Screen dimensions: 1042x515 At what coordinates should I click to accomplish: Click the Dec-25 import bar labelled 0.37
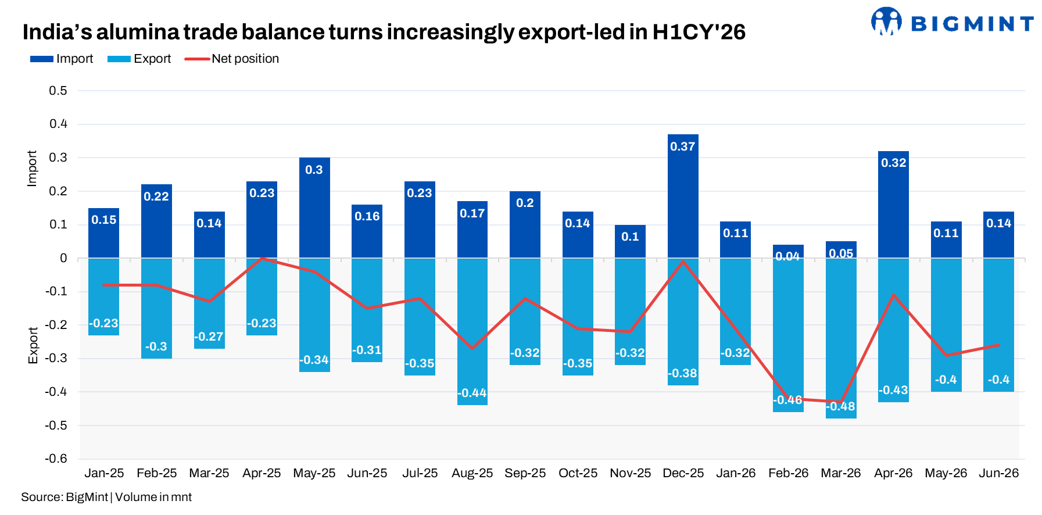[683, 196]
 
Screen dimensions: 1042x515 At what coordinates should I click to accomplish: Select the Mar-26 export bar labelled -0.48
[841, 338]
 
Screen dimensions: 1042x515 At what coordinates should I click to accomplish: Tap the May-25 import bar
[314, 208]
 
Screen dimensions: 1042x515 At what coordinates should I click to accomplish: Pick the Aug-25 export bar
[472, 331]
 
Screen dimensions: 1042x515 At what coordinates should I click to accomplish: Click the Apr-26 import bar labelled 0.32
[893, 205]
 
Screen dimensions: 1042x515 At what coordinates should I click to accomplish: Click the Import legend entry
[62, 59]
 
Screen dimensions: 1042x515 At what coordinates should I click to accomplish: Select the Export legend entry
[139, 59]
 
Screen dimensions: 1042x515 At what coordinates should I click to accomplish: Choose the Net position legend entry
[232, 59]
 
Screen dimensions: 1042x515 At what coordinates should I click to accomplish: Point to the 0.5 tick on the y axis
[58, 91]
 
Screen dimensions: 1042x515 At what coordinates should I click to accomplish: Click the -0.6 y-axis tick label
[56, 459]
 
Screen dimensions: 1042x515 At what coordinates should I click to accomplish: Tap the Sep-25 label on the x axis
[525, 473]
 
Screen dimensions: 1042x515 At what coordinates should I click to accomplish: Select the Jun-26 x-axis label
[999, 473]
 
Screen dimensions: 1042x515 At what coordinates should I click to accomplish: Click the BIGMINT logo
[952, 22]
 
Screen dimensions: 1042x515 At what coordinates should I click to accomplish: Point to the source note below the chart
[106, 497]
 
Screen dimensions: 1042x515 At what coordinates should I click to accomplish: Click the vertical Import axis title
[32, 169]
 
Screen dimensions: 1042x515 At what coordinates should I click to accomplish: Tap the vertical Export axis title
[33, 346]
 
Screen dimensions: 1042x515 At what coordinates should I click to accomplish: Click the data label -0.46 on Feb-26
[787, 400]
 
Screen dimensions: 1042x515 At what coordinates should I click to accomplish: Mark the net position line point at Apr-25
[262, 258]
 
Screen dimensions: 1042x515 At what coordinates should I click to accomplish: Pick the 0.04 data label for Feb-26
[787, 256]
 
